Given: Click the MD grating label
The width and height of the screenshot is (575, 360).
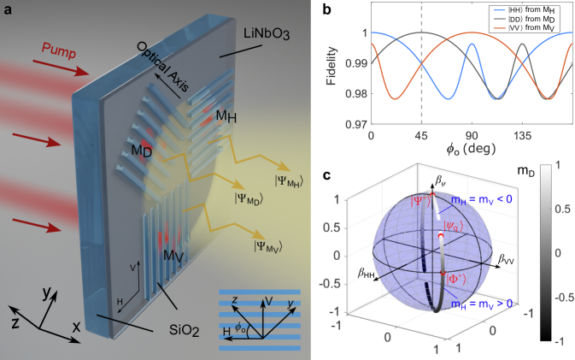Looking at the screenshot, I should tap(119, 151).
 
